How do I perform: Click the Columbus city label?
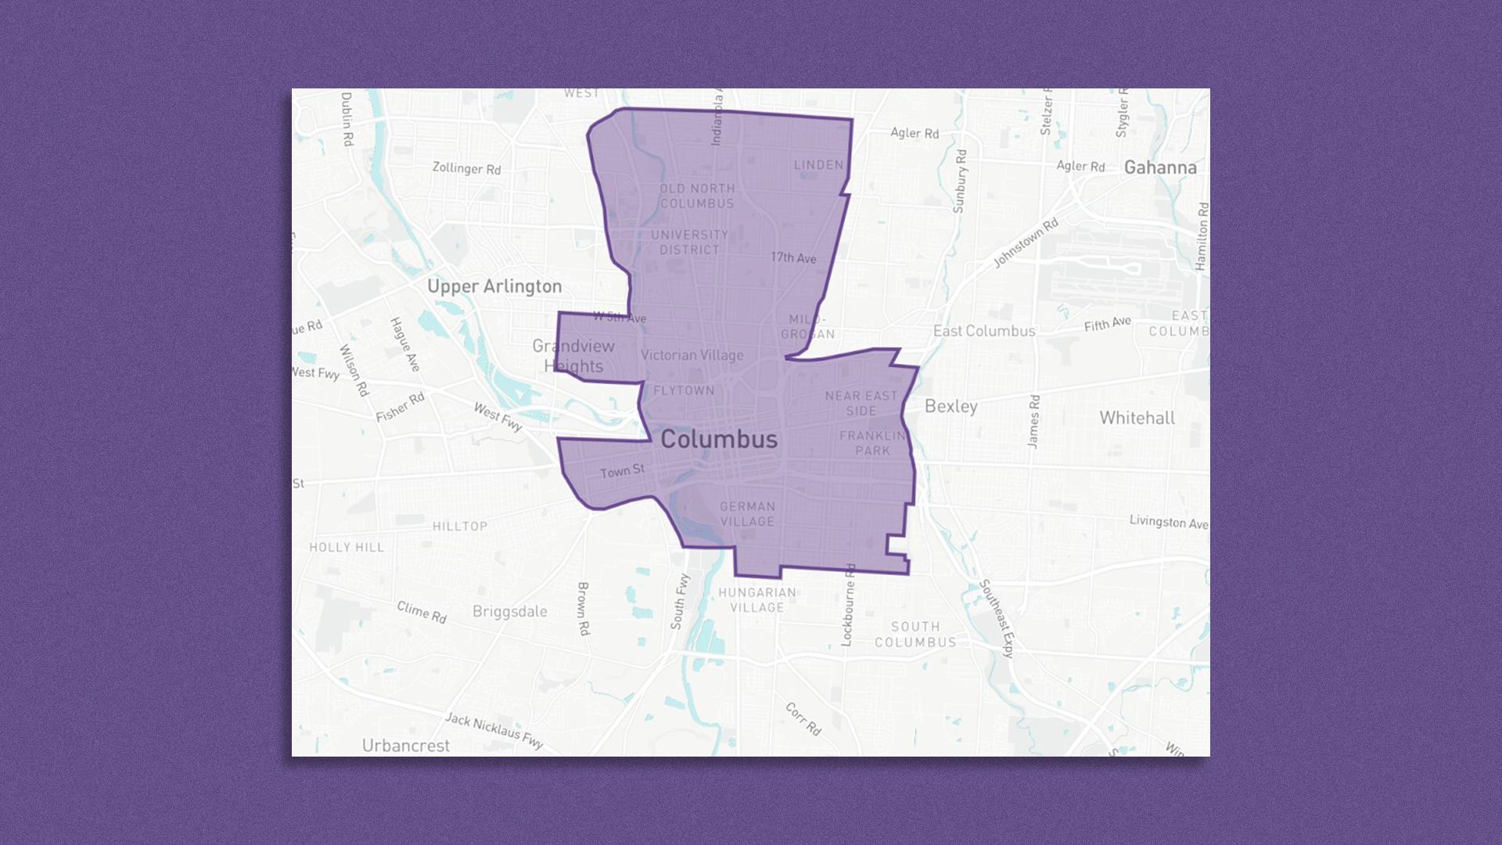pyautogui.click(x=719, y=440)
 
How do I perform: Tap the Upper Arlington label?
pyautogui.click(x=494, y=286)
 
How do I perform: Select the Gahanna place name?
pyautogui.click(x=1160, y=167)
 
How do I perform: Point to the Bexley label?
pyautogui.click(x=950, y=406)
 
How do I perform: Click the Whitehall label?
pyautogui.click(x=1137, y=418)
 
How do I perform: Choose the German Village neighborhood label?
pyautogui.click(x=747, y=514)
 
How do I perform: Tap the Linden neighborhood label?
pyautogui.click(x=818, y=165)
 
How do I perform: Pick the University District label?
pyautogui.click(x=689, y=242)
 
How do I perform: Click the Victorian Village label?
pyautogui.click(x=692, y=355)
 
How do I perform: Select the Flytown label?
pyautogui.click(x=684, y=390)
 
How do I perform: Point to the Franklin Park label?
pyautogui.click(x=872, y=443)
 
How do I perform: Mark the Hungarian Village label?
pyautogui.click(x=756, y=600)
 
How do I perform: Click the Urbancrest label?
pyautogui.click(x=405, y=746)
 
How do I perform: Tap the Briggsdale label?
pyautogui.click(x=509, y=612)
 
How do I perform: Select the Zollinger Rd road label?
pyautogui.click(x=466, y=168)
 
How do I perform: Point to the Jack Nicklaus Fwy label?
pyautogui.click(x=494, y=730)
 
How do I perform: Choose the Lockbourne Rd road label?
pyautogui.click(x=848, y=605)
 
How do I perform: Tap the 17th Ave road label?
pyautogui.click(x=793, y=257)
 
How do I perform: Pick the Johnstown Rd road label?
pyautogui.click(x=1025, y=243)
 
